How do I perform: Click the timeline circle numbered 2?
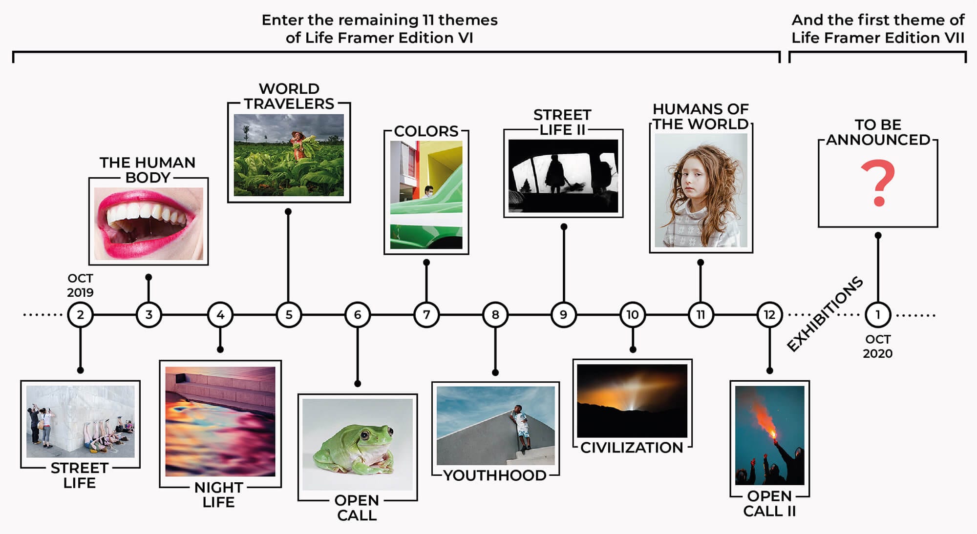click(x=80, y=315)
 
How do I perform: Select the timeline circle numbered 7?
click(x=426, y=315)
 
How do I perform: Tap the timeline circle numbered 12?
click(x=769, y=315)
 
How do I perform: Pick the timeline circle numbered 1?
click(x=878, y=315)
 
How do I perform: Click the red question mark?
click(x=878, y=183)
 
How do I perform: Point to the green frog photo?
click(x=358, y=444)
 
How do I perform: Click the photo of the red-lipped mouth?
click(x=149, y=224)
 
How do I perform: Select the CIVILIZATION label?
click(x=632, y=448)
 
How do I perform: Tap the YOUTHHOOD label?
click(x=494, y=475)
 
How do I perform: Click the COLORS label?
click(x=426, y=131)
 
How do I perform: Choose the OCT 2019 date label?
click(x=80, y=285)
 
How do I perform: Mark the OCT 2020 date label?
click(x=878, y=346)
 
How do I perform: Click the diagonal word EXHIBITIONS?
click(x=825, y=314)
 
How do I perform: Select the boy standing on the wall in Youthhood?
click(x=521, y=427)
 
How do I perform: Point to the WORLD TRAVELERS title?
click(x=289, y=96)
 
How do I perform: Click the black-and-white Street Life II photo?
click(x=563, y=176)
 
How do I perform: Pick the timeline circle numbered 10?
click(x=633, y=315)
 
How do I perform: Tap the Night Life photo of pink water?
click(x=220, y=421)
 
